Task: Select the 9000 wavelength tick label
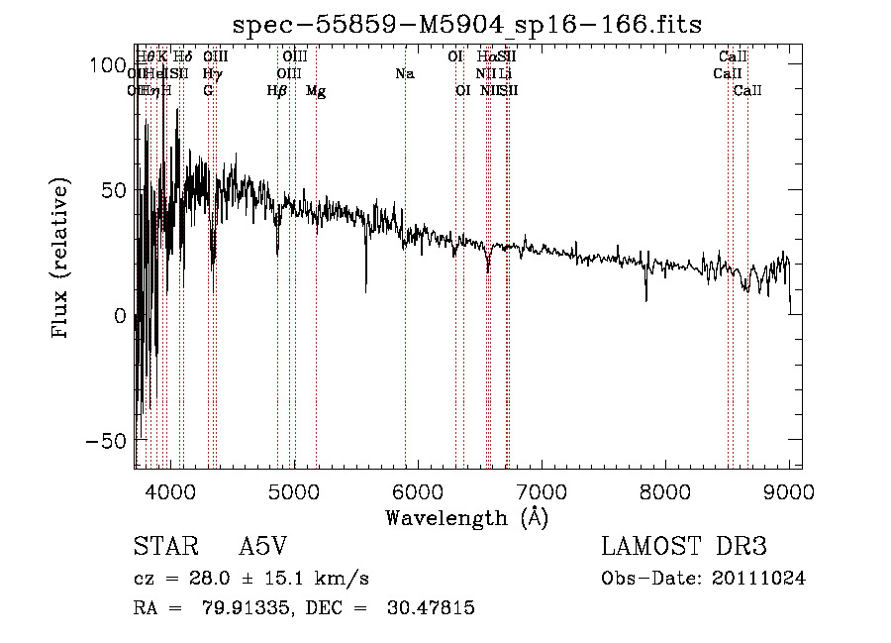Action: [x=788, y=490]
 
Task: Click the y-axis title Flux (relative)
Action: [x=60, y=260]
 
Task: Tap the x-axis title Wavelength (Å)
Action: [x=466, y=517]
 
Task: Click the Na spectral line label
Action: [x=404, y=74]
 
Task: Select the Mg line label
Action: [x=316, y=91]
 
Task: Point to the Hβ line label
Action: [x=277, y=91]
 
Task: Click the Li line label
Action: [x=505, y=74]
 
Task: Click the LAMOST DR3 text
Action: [x=684, y=547]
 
